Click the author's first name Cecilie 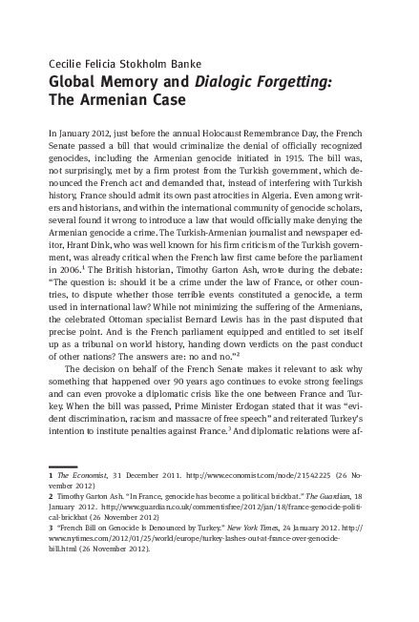point(65,63)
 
